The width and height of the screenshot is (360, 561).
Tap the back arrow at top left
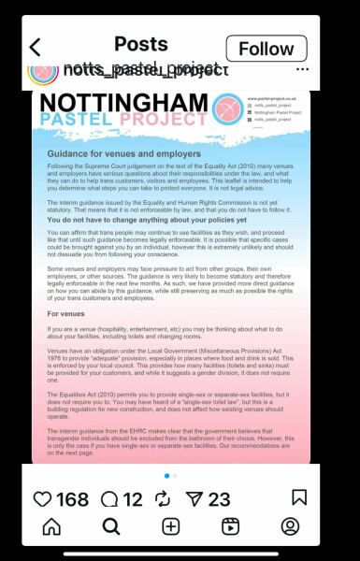36,48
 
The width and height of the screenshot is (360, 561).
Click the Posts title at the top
140,44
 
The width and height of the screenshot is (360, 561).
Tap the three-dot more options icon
302,69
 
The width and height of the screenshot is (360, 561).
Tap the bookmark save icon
299,498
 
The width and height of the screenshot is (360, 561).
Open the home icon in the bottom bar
51,526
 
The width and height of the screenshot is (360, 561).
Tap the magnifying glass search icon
111,526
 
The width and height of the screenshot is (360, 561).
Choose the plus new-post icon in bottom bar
170,526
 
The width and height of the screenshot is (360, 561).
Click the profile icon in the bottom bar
290,526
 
